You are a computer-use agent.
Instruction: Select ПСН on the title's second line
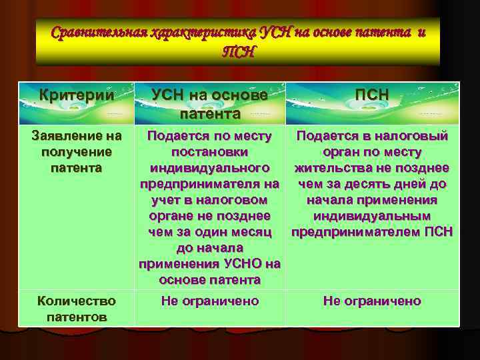(x=238, y=51)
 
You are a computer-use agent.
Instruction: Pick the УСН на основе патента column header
(x=209, y=104)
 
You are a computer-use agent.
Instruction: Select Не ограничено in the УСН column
(x=209, y=301)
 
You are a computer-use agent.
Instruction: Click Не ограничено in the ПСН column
(x=372, y=301)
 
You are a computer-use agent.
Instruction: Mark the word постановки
(x=209, y=152)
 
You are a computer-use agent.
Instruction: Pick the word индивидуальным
(x=372, y=216)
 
